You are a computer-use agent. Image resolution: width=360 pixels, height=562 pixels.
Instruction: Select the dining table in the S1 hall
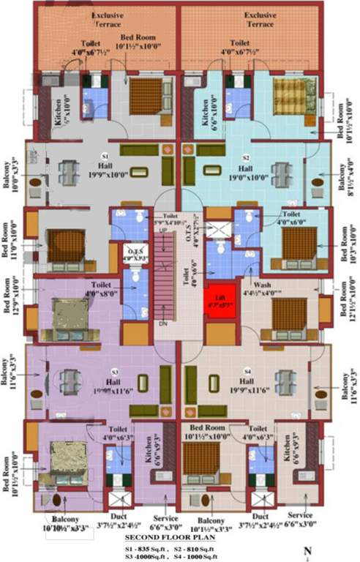pyautogui.click(x=68, y=173)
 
